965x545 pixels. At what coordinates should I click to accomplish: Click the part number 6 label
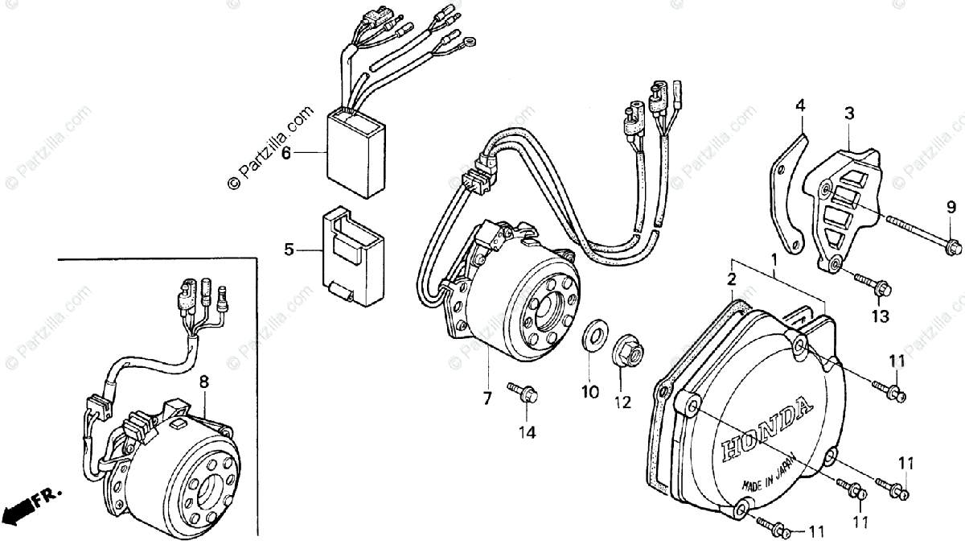click(285, 153)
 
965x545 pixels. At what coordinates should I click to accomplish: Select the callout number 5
click(289, 250)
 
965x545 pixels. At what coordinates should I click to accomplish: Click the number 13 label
click(880, 316)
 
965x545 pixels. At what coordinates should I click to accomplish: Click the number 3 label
click(849, 114)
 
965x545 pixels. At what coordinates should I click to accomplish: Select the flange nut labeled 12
click(626, 351)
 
